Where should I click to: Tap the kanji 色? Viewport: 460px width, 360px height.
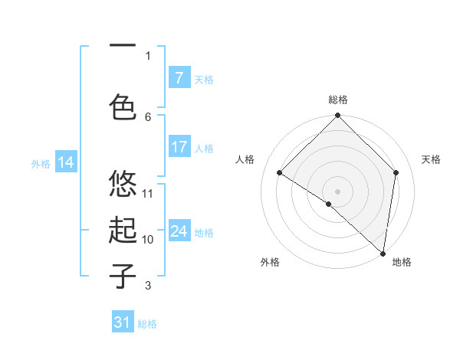(123, 106)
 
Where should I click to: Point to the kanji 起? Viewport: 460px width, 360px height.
(123, 231)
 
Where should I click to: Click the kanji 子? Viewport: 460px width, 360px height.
(123, 277)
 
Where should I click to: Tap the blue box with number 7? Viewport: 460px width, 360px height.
(179, 78)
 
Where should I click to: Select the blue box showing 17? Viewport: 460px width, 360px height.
(179, 147)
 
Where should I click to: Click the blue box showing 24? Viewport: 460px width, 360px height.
(179, 231)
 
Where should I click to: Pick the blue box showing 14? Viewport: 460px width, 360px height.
(65, 162)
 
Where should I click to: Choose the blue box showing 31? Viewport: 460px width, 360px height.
(123, 322)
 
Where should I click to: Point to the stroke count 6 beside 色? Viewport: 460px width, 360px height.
(148, 116)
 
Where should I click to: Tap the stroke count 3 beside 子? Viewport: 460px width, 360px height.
(148, 286)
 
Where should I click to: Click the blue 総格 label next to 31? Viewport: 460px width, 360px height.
(147, 324)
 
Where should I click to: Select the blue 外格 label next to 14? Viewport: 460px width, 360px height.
(40, 163)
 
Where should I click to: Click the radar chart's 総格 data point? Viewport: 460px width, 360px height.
(337, 116)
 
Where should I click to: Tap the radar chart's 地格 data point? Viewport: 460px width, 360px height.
(383, 254)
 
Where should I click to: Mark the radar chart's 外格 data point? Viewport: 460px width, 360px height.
(329, 204)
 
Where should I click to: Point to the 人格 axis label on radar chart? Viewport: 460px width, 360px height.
(245, 159)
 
